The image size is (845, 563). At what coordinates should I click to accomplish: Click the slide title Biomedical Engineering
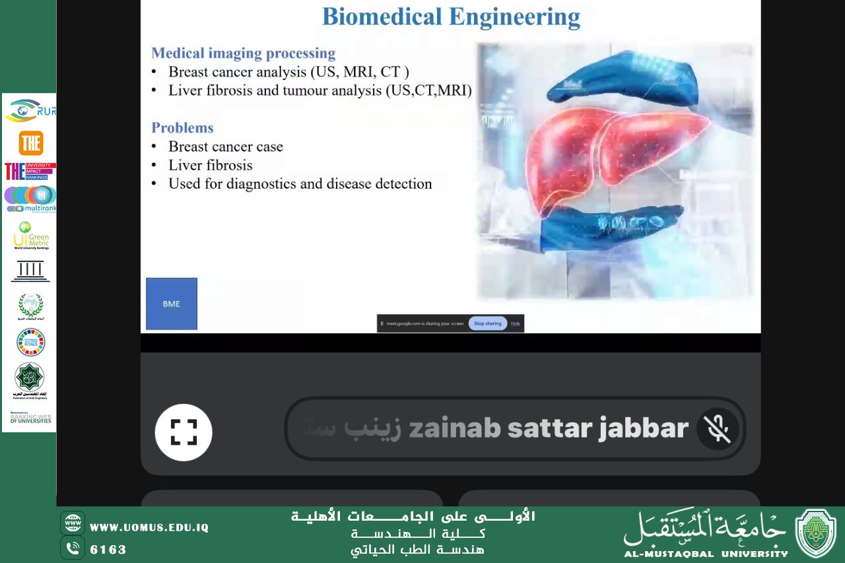pos(451,17)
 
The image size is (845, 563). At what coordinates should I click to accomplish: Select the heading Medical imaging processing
pos(243,53)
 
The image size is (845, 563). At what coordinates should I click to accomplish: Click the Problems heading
pos(182,128)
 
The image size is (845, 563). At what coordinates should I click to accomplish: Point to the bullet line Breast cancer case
pos(225,147)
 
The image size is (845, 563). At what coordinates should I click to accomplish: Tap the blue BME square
pos(172,304)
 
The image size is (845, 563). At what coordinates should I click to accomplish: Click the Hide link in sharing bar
pos(516,323)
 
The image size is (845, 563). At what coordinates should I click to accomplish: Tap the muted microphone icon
pos(718,429)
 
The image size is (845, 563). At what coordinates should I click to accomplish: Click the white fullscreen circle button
pos(184,432)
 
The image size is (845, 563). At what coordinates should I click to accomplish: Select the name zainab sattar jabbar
pos(549,429)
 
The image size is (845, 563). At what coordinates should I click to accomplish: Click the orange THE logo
pos(31,143)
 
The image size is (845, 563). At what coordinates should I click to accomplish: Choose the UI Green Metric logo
pos(31,236)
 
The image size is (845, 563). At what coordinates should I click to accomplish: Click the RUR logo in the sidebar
pos(31,110)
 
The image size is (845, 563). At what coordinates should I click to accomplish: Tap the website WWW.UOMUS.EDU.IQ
pos(149,527)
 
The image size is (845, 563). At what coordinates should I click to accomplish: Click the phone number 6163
pos(108,549)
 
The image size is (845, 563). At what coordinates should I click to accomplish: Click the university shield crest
pos(815,533)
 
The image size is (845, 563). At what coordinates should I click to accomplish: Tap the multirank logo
pos(31,199)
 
